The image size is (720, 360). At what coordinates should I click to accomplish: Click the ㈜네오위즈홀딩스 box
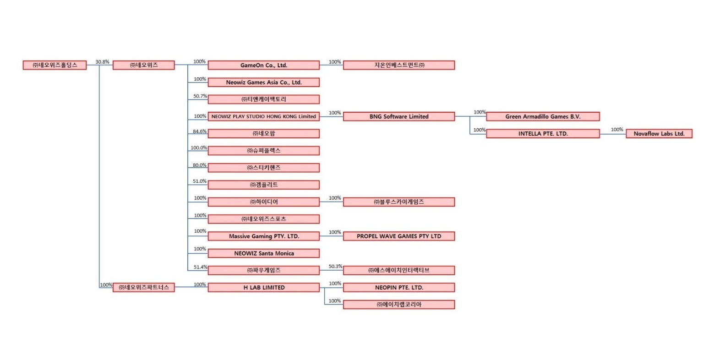[x=55, y=65]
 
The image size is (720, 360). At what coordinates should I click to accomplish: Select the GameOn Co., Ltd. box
[x=263, y=65]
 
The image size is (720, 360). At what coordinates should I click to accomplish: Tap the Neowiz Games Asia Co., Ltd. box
[x=263, y=82]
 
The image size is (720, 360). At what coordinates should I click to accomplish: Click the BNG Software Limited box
[x=398, y=116]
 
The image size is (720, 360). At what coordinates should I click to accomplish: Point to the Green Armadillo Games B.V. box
[x=543, y=116]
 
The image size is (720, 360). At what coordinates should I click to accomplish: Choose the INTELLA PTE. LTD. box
[x=543, y=134]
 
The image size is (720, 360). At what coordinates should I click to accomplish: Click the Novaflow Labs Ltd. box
[x=659, y=134]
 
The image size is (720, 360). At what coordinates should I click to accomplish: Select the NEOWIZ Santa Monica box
[x=263, y=253]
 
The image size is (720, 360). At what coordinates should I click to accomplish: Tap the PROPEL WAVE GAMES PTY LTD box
[x=398, y=236]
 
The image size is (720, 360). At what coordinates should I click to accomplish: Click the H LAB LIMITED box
[x=263, y=288]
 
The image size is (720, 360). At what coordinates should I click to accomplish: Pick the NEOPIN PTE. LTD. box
[x=398, y=288]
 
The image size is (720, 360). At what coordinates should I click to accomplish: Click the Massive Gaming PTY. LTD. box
[x=263, y=236]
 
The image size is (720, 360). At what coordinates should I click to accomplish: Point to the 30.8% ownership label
[x=102, y=62]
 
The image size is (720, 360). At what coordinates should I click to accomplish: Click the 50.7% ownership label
[x=200, y=96]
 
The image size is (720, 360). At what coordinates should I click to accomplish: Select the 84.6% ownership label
[x=199, y=131]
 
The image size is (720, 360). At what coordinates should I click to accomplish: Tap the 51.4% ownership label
[x=200, y=267]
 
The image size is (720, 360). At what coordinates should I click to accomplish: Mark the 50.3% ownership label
[x=335, y=266]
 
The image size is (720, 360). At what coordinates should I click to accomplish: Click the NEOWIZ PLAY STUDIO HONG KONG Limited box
[x=263, y=116]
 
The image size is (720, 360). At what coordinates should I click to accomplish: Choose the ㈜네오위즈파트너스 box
[x=143, y=288]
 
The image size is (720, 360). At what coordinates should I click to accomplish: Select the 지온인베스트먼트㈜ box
[x=398, y=65]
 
